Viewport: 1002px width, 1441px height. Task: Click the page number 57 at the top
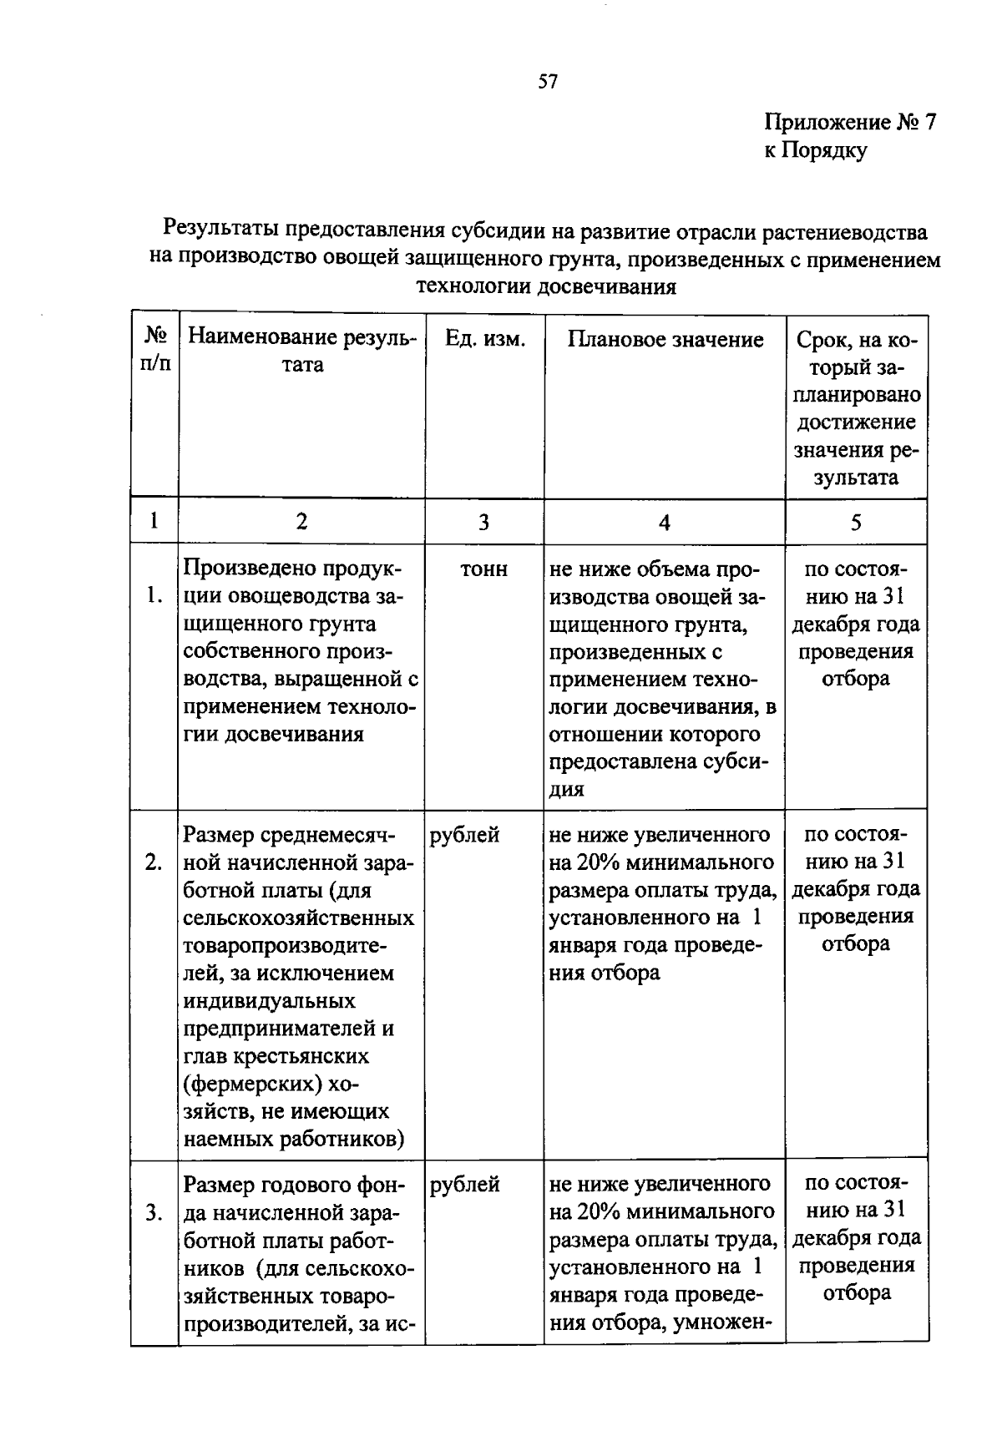pos(548,82)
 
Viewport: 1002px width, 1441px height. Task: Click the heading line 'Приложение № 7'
pos(850,124)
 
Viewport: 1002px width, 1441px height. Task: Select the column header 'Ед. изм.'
pos(484,340)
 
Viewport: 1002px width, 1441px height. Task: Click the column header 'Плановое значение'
pos(665,340)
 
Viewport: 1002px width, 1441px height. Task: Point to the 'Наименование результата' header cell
pos(301,351)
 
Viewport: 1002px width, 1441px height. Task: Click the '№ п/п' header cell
pos(155,351)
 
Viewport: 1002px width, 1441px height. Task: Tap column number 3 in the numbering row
pos(483,523)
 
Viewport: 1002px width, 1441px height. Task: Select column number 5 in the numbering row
pos(856,523)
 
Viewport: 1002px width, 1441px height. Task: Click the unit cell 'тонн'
pos(483,569)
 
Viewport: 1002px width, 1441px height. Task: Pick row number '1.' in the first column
pos(154,596)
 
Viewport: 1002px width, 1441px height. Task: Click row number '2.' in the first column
pos(154,862)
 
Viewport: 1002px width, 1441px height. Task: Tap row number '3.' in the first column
pos(154,1212)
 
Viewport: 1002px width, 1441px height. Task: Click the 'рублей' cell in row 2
pos(465,835)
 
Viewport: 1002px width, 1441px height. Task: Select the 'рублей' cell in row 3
pos(465,1184)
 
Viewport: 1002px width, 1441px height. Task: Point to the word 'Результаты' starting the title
pos(221,229)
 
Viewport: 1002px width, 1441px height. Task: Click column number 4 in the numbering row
pos(665,523)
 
